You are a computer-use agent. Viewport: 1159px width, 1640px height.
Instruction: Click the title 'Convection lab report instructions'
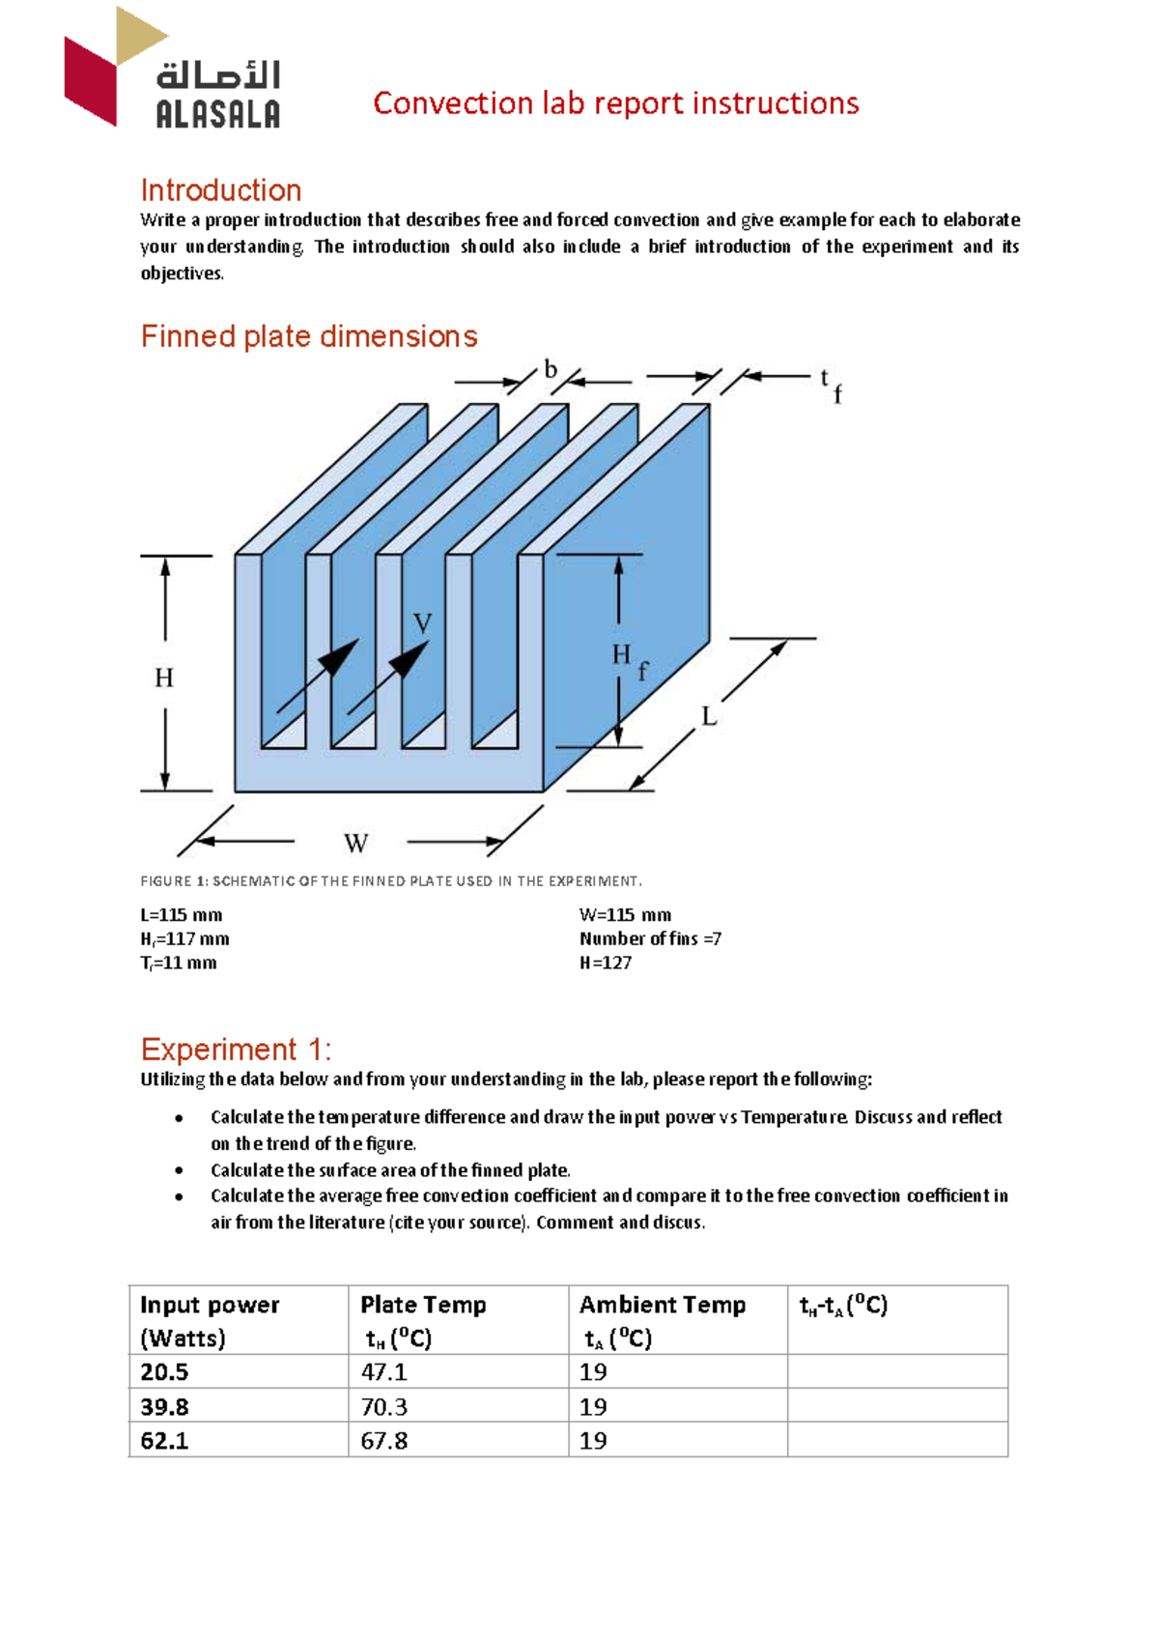pyautogui.click(x=615, y=103)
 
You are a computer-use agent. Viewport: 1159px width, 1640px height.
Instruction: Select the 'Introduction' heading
pyautogui.click(x=221, y=190)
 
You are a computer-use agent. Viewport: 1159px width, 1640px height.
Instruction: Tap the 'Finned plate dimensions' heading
pyautogui.click(x=309, y=336)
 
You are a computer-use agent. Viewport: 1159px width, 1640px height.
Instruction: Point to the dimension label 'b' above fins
pyautogui.click(x=551, y=369)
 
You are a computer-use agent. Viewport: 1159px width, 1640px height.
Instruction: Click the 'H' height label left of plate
pyautogui.click(x=164, y=677)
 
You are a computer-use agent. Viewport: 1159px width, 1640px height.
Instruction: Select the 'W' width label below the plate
pyautogui.click(x=355, y=844)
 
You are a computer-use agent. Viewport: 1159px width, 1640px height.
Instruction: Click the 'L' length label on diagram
pyautogui.click(x=709, y=716)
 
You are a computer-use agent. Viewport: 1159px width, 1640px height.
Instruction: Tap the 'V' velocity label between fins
pyautogui.click(x=422, y=623)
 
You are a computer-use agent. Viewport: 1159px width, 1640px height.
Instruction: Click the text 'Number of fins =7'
pyautogui.click(x=650, y=938)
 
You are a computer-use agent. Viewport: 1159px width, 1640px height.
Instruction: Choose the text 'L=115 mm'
pyautogui.click(x=182, y=915)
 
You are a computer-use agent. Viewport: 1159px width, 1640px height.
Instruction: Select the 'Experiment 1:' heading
pyautogui.click(x=236, y=1050)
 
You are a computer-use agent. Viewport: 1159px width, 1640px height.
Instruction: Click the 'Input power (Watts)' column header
pyautogui.click(x=210, y=1320)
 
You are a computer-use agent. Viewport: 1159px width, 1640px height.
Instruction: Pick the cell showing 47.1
pyautogui.click(x=383, y=1372)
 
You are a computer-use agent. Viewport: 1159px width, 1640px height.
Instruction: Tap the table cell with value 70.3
pyautogui.click(x=383, y=1406)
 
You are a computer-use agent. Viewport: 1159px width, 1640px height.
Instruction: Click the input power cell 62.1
pyautogui.click(x=164, y=1441)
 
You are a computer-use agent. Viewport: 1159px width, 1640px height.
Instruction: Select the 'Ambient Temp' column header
pyautogui.click(x=663, y=1306)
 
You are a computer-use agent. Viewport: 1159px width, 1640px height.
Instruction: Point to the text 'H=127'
pyautogui.click(x=606, y=963)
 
